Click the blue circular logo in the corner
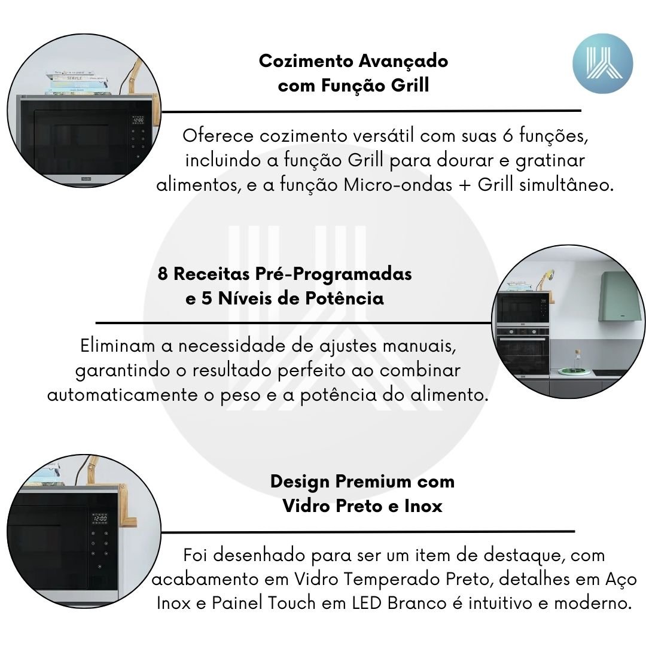click(x=602, y=63)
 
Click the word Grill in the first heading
click(x=410, y=86)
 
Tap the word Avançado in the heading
click(x=403, y=62)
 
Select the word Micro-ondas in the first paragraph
click(x=398, y=184)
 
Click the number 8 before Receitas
click(x=163, y=274)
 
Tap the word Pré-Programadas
click(x=333, y=274)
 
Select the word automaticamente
click(x=123, y=395)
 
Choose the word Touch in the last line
click(x=292, y=604)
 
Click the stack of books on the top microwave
click(x=76, y=83)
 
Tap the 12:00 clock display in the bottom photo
click(x=100, y=518)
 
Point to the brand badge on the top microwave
click(x=86, y=179)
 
